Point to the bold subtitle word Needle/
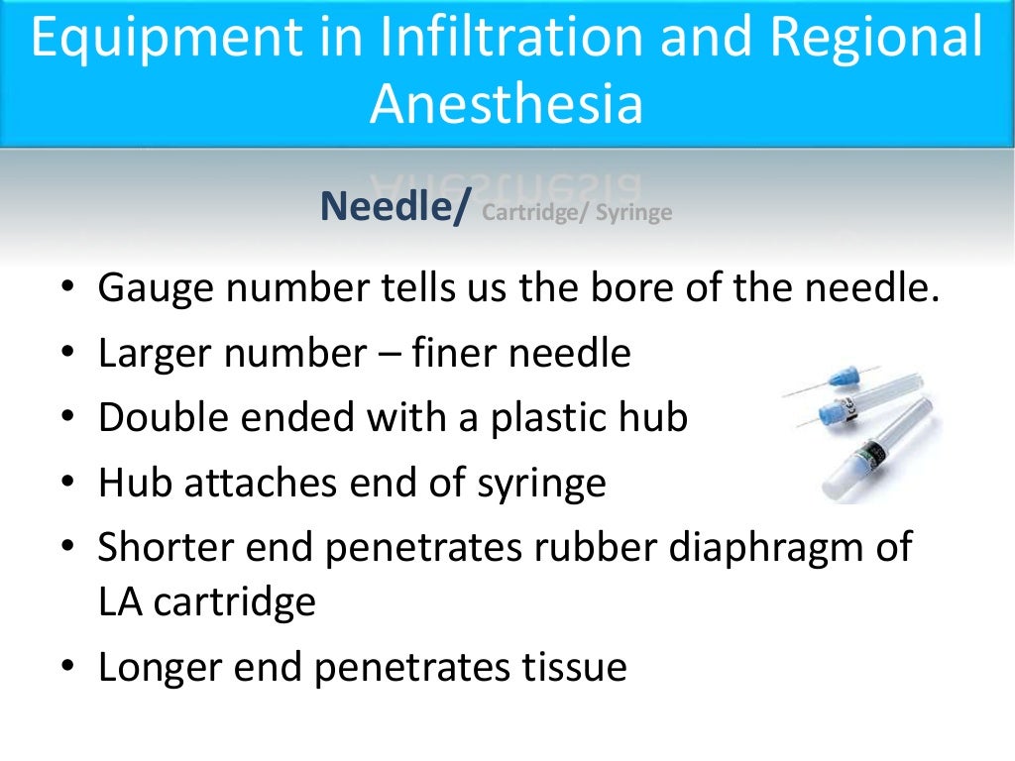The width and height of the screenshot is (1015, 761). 392,207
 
